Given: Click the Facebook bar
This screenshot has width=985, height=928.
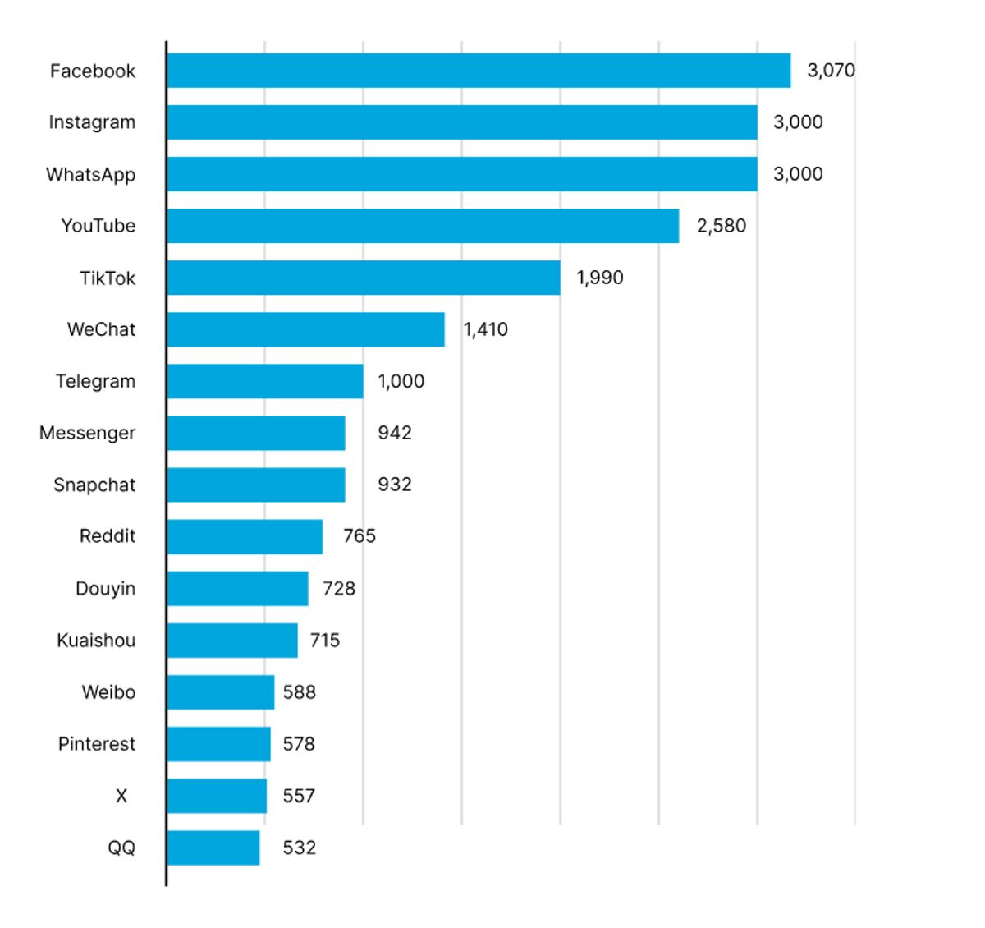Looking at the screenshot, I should pyautogui.click(x=479, y=71).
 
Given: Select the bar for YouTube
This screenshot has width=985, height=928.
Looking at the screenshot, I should pyautogui.click(x=423, y=226).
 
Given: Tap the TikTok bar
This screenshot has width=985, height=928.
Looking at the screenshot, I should pyautogui.click(x=364, y=278).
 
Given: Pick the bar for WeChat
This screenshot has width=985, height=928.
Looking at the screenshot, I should pyautogui.click(x=305, y=329).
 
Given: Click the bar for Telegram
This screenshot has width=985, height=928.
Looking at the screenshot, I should pyautogui.click(x=265, y=381).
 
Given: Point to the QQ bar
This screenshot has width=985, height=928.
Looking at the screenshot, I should pyautogui.click(x=213, y=848).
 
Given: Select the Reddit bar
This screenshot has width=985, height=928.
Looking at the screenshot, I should pyautogui.click(x=245, y=536).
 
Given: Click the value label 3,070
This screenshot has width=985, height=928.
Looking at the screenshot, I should pyautogui.click(x=831, y=71).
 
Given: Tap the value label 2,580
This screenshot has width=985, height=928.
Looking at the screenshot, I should pyautogui.click(x=722, y=226).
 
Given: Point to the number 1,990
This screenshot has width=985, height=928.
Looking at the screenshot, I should pyautogui.click(x=600, y=278).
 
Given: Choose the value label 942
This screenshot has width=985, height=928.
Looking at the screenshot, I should pyautogui.click(x=395, y=433).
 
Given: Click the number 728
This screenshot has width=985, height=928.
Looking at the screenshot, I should pyautogui.click(x=339, y=589).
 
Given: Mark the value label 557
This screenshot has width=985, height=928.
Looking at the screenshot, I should pyautogui.click(x=299, y=796).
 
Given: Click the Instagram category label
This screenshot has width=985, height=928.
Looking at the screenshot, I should pyautogui.click(x=92, y=122).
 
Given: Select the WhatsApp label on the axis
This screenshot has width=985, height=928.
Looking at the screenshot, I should pyautogui.click(x=90, y=175).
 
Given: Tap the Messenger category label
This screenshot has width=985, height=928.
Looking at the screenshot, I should pyautogui.click(x=87, y=433).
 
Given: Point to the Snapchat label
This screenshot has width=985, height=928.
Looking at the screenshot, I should pyautogui.click(x=94, y=485).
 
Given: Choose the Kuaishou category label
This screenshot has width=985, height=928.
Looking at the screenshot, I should pyautogui.click(x=96, y=641).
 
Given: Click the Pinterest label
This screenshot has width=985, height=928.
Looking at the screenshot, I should pyautogui.click(x=96, y=744).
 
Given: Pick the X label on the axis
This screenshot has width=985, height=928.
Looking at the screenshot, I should pyautogui.click(x=121, y=796).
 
